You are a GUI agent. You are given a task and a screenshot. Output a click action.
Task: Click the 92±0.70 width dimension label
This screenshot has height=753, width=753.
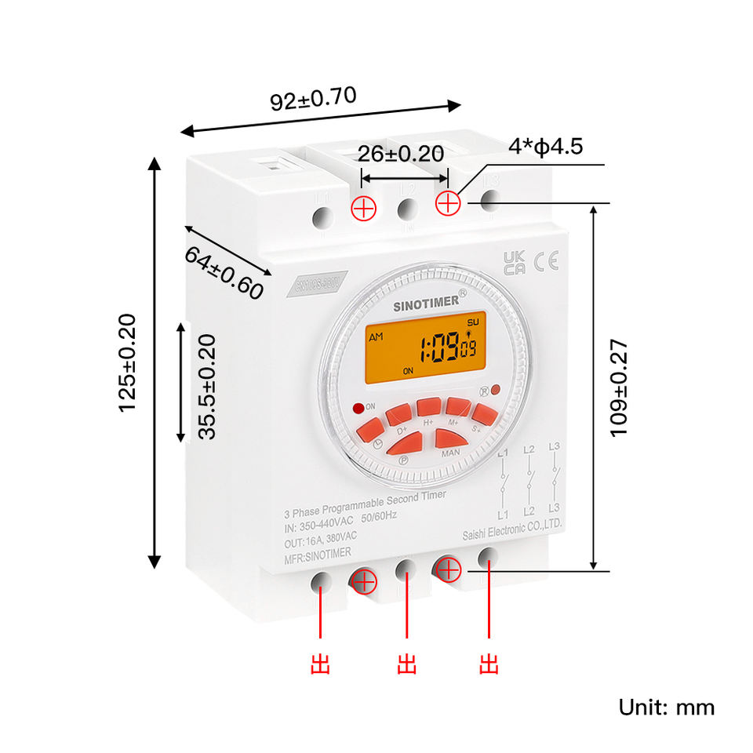pos(313,99)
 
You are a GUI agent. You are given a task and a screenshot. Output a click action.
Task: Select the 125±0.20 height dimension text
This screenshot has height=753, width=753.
pos(127,362)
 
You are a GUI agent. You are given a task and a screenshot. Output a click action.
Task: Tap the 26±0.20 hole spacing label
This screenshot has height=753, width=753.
pos(401,153)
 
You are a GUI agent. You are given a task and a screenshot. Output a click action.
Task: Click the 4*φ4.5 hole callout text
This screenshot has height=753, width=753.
pos(545,147)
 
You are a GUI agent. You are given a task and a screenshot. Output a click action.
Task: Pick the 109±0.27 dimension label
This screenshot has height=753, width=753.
pos(619,388)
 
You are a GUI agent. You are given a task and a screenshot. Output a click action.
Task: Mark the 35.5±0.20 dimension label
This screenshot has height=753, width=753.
pos(206,387)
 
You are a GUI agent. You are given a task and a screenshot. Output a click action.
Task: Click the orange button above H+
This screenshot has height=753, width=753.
pos(428,406)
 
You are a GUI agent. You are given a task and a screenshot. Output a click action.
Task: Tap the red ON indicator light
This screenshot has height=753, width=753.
pos(358,407)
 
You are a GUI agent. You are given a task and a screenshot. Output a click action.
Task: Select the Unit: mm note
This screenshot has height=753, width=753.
pos(667,707)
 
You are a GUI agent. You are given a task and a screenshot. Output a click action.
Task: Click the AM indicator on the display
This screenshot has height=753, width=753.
pos(376,336)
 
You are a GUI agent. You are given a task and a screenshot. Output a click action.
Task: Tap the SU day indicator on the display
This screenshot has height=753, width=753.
pos(471,322)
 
